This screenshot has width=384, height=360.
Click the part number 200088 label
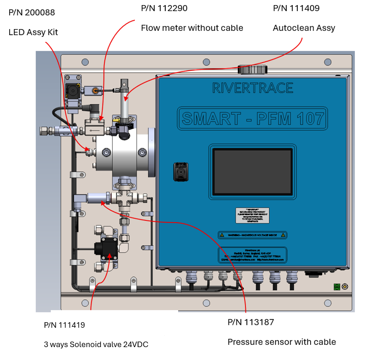pos(31,12)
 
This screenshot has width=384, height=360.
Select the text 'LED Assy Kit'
pos(33,32)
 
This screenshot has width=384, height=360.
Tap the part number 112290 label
pos(164,8)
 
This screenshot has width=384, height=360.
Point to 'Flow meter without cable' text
pos(192,28)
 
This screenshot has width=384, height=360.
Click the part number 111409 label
pos(296,8)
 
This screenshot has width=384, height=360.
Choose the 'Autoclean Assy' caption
pos(304,28)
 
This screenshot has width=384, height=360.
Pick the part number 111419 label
pos(65,325)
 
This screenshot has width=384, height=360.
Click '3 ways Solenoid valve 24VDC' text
pos(96,344)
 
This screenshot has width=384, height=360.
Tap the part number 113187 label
pos(251,322)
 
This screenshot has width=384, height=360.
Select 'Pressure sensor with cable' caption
pos(282,342)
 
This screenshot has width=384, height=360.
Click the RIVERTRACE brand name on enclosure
pos(252,88)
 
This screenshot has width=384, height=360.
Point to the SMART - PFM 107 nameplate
pos(252,118)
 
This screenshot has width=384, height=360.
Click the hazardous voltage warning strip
pos(252,235)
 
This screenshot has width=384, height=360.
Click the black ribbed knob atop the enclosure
pos(252,70)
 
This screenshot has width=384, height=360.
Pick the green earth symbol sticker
pos(337,287)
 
